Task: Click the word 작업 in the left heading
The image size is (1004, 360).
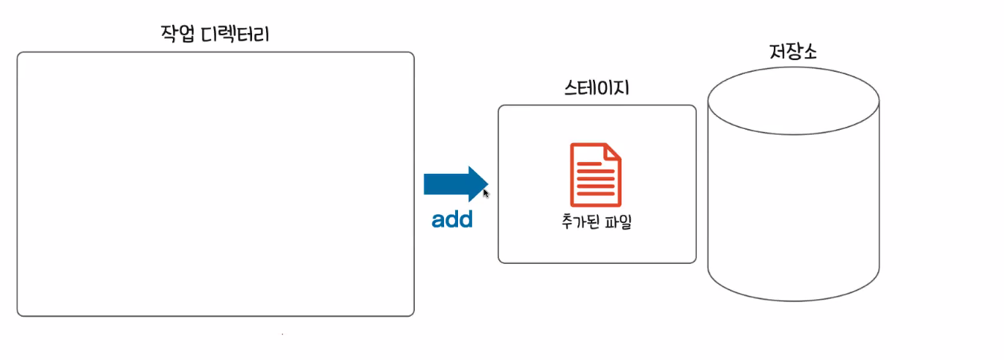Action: click(175, 34)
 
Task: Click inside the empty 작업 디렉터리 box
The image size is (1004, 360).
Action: click(215, 183)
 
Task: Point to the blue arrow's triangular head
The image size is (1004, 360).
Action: click(478, 183)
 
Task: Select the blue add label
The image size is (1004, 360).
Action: click(452, 219)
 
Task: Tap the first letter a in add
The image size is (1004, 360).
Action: click(438, 220)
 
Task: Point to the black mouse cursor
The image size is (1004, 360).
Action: click(486, 194)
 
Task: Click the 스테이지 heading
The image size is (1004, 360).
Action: click(596, 89)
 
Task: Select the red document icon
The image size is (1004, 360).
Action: click(596, 175)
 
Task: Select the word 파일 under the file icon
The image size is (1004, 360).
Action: click(619, 221)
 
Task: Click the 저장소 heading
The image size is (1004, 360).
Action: click(794, 53)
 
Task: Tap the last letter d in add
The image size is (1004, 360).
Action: click(465, 219)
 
